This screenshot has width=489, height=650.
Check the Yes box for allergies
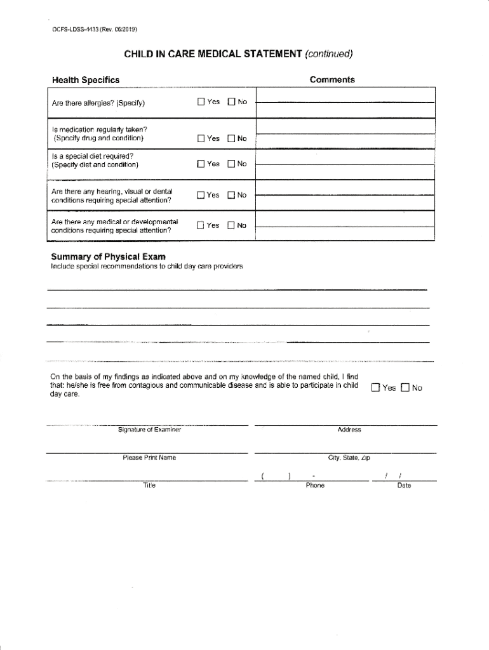(x=201, y=102)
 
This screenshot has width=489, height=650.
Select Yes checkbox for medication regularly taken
(x=201, y=138)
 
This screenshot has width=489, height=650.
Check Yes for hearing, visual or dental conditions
(x=201, y=196)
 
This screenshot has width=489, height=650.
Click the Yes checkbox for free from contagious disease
(x=375, y=388)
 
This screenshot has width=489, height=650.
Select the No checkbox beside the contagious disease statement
(x=405, y=388)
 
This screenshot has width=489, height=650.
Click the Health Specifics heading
(x=85, y=80)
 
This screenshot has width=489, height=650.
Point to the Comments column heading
(x=332, y=79)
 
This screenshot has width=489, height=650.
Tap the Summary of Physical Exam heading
(x=108, y=256)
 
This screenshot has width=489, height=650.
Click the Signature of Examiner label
(x=150, y=430)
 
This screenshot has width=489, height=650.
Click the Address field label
(x=349, y=430)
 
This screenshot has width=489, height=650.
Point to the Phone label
(x=315, y=485)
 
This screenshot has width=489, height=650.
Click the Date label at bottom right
(x=404, y=485)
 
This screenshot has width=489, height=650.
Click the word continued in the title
(x=328, y=54)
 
